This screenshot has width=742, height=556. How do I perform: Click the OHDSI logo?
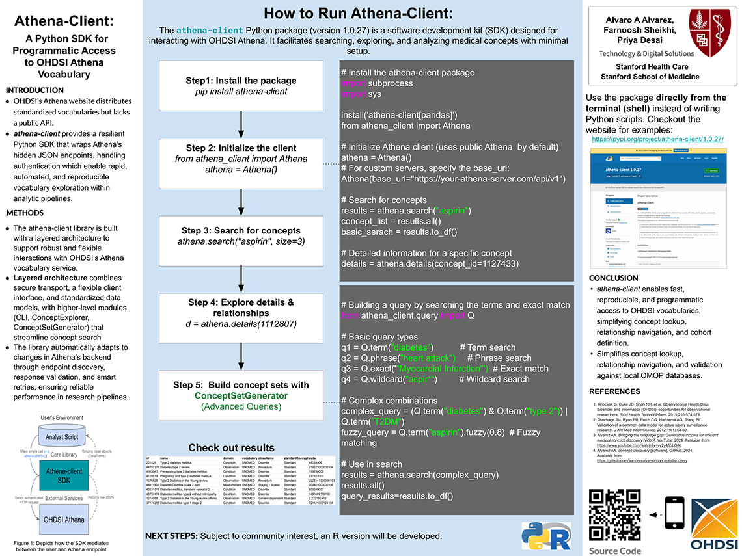coord(713,524)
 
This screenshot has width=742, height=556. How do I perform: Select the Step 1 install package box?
coord(241,86)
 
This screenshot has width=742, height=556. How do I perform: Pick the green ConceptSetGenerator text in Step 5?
coord(241,395)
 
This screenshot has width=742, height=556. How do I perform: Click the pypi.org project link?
coord(658,139)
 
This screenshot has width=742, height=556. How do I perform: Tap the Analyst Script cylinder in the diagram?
coord(63,437)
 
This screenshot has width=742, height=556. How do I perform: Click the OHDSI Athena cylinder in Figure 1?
coord(64,520)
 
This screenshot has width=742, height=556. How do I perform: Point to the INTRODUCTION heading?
coord(34,90)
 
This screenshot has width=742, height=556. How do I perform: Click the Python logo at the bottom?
coord(536,535)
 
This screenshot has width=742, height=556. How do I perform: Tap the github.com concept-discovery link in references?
coord(642,460)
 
